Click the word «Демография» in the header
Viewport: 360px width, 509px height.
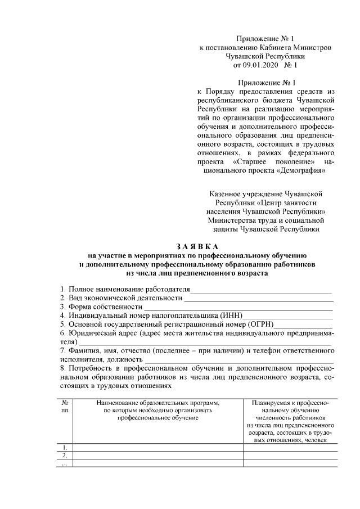tap(301, 169)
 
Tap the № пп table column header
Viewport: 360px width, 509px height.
tap(65, 407)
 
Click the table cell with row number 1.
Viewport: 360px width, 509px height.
tap(65, 448)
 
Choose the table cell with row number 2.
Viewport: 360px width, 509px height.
tap(65, 456)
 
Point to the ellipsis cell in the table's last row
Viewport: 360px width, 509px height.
tap(65, 463)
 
